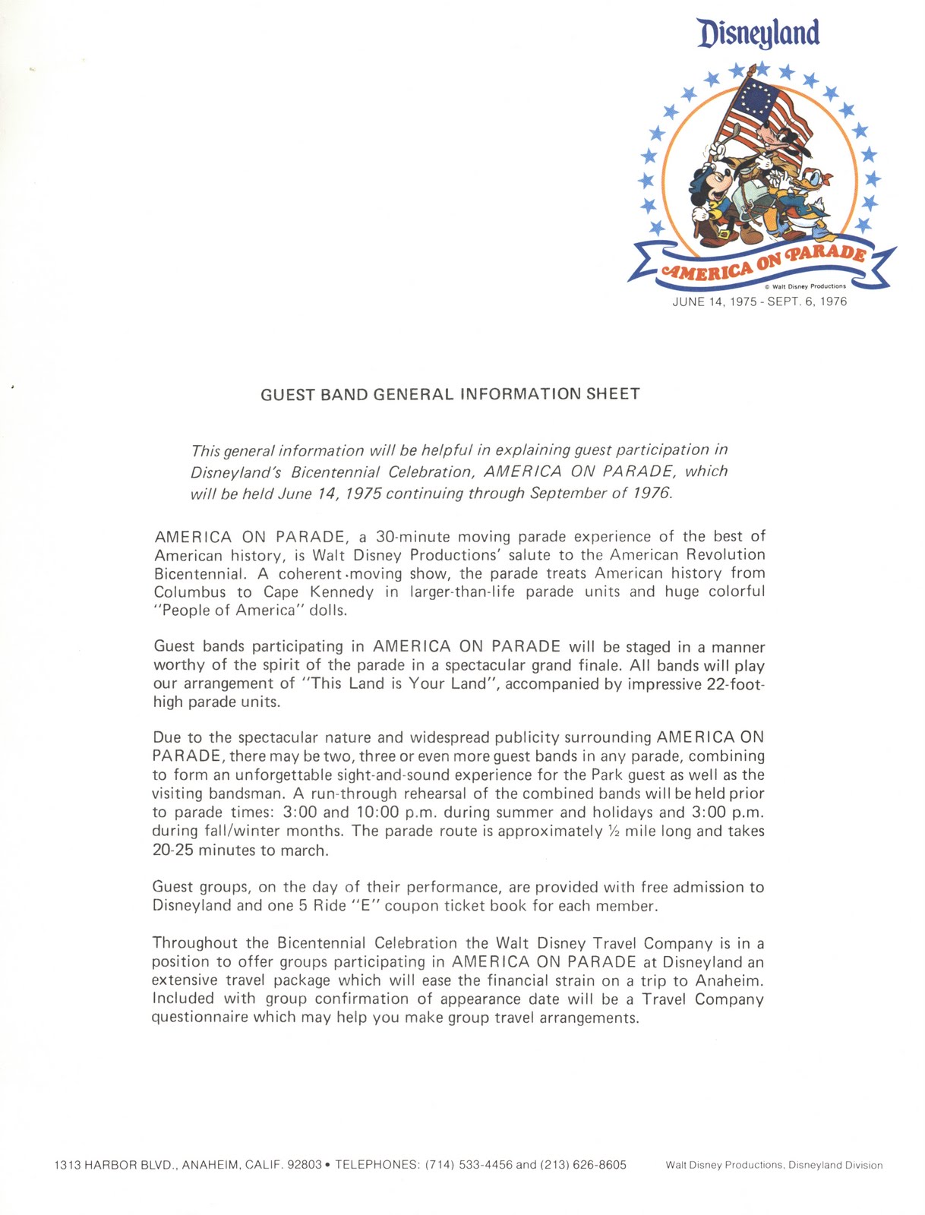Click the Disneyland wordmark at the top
point(759,33)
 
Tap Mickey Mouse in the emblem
point(712,194)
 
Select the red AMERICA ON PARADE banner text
point(762,263)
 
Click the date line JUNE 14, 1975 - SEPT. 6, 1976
point(759,301)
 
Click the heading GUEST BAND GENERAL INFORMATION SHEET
point(450,394)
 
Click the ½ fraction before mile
point(614,831)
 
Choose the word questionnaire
point(200,1017)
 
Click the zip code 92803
point(305,1164)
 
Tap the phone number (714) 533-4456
point(469,1164)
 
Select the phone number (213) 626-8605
point(583,1164)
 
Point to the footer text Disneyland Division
point(835,1165)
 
